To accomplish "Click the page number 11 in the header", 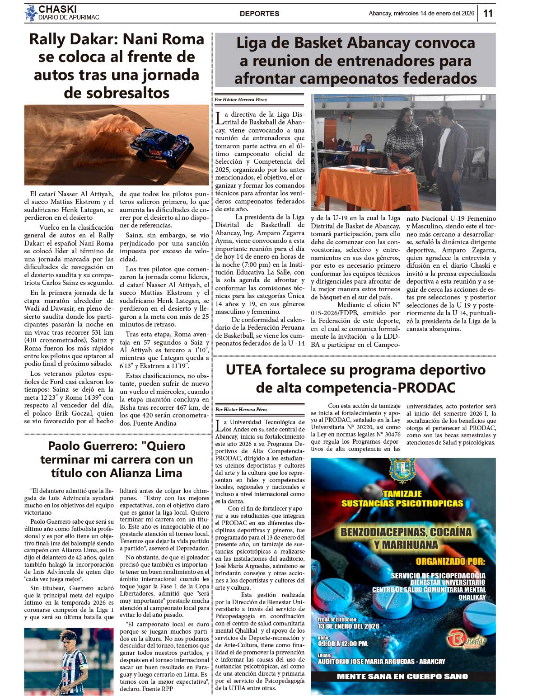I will click(488, 13).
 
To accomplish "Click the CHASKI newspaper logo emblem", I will click(31, 13).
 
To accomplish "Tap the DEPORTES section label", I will click(259, 14).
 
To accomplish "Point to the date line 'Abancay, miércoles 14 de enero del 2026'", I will click(421, 14).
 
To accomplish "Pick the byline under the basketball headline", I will click(241, 99).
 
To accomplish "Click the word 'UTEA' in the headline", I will click(244, 370).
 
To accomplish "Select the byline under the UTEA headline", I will click(241, 409).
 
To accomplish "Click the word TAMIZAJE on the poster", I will click(402, 494).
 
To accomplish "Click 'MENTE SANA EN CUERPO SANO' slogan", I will click(402, 677).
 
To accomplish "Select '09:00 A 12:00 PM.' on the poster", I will click(343, 644).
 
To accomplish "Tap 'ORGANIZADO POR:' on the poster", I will click(450, 562).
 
